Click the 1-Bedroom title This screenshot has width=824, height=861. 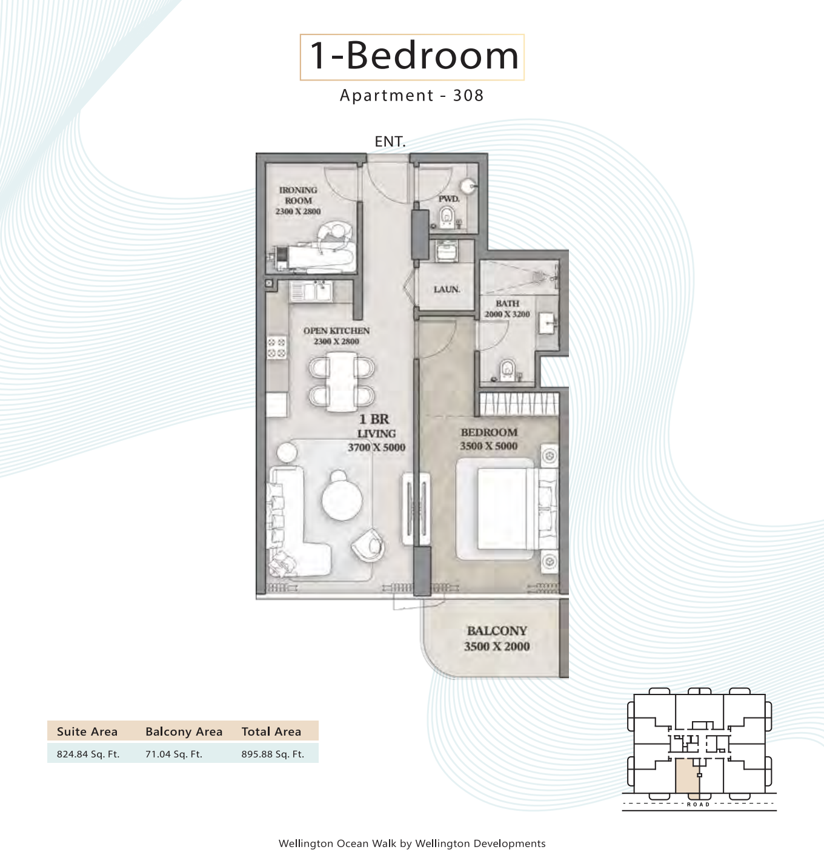[414, 56]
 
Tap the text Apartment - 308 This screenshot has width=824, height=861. [411, 96]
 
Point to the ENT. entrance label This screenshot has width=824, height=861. [390, 142]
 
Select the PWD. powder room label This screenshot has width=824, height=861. [449, 199]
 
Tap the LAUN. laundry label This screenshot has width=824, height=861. [447, 289]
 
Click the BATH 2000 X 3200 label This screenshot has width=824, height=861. [507, 309]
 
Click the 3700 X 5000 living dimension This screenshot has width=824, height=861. [376, 447]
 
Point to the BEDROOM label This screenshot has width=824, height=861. [489, 432]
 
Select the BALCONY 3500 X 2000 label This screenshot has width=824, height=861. [497, 638]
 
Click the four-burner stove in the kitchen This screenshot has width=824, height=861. [276, 348]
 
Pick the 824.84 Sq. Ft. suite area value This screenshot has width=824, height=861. [88, 754]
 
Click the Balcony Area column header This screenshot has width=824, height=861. [184, 732]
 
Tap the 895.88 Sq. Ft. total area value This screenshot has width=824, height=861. [273, 754]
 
